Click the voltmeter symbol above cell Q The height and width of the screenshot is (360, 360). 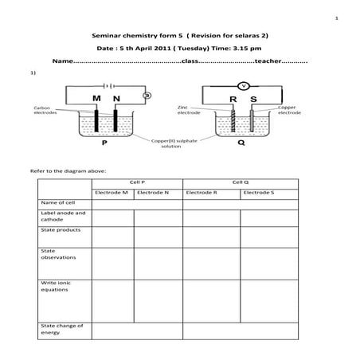coord(245,84)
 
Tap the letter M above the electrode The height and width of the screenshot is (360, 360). coord(96,99)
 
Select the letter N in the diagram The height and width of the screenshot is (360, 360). coord(117,99)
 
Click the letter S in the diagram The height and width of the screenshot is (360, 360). coord(253,99)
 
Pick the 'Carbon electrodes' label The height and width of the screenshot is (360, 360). coord(45,110)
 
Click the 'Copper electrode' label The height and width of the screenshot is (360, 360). coord(289,110)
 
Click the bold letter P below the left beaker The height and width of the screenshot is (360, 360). coord(104,147)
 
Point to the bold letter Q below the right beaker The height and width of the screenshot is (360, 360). coord(241,147)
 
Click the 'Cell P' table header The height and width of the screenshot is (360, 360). coord(137,182)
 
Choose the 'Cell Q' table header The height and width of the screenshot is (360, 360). coord(241,182)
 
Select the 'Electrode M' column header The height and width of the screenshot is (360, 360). coord(112,192)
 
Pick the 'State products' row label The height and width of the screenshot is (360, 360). coord(59,229)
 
